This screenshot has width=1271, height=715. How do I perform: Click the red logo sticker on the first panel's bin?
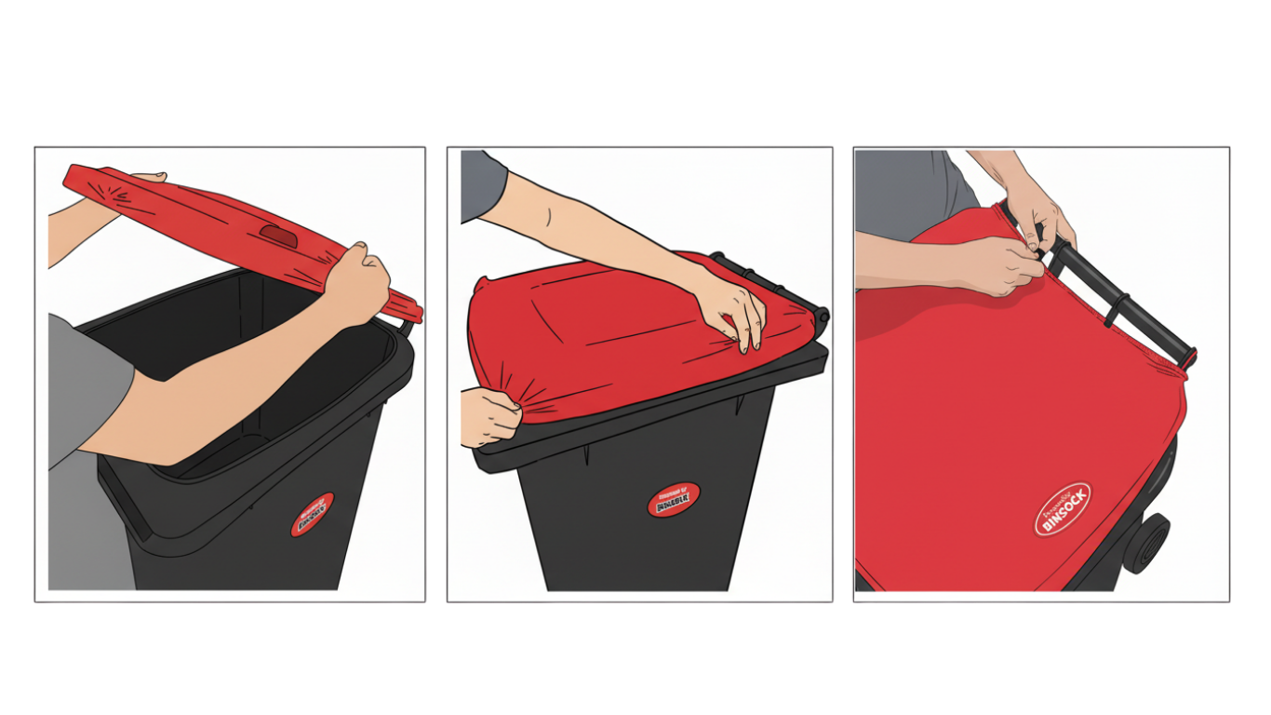[x=312, y=515]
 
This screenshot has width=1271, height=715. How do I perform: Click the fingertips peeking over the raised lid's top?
[x=148, y=176]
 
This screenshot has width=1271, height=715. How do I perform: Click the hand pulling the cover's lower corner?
[x=488, y=416]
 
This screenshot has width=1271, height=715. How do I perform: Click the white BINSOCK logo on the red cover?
[x=1063, y=508]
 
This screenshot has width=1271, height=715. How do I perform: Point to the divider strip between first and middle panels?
[x=436, y=372]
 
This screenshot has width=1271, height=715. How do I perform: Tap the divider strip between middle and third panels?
[x=842, y=372]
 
